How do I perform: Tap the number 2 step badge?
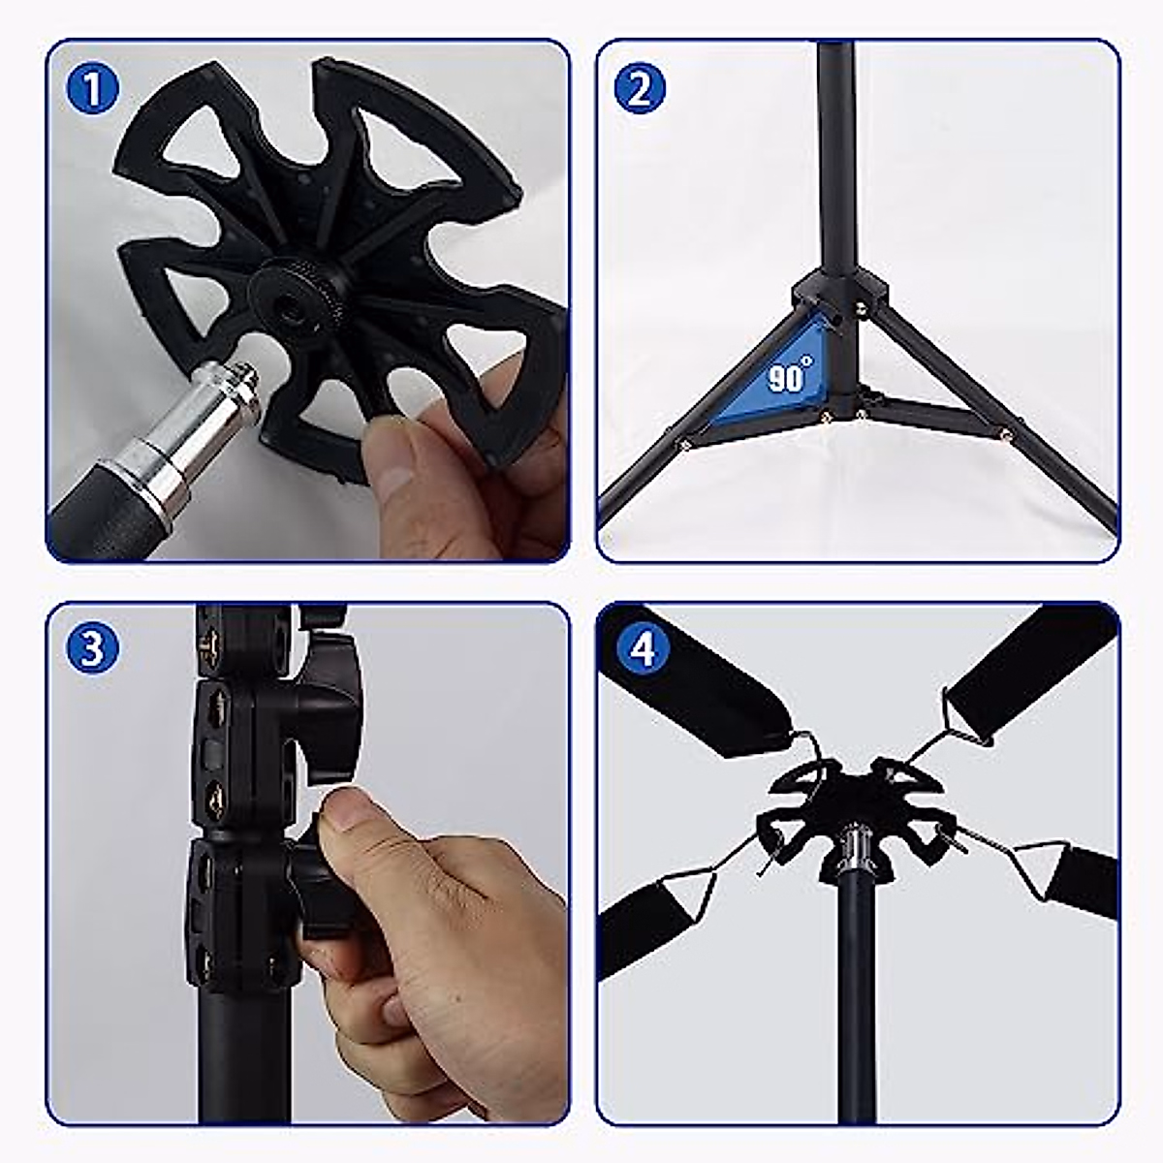pos(640,89)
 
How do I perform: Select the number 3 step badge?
pos(93,648)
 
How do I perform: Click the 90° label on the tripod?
pos(790,376)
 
